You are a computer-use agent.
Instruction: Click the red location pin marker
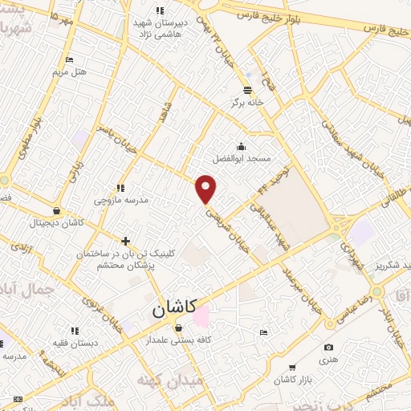click(207, 189)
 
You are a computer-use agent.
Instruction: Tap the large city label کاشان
click(173, 307)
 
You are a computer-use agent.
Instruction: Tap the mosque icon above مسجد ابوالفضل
click(241, 146)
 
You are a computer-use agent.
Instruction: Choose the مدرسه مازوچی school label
click(121, 199)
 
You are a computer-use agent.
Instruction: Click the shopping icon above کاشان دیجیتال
click(55, 211)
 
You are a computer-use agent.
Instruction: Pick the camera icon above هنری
click(328, 347)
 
